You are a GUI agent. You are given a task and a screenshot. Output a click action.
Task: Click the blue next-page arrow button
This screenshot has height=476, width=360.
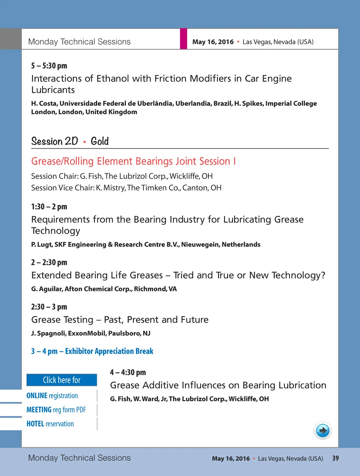point(322,430)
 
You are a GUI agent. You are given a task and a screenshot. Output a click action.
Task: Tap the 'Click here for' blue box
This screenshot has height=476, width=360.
point(62,380)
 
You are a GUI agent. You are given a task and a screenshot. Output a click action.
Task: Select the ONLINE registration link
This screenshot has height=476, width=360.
point(52,396)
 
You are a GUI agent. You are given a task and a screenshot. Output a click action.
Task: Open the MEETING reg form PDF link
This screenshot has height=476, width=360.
point(56,410)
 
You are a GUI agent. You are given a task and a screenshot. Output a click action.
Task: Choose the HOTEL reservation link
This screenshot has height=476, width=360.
point(50,424)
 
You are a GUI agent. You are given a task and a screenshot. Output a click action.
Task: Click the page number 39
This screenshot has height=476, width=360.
point(335,458)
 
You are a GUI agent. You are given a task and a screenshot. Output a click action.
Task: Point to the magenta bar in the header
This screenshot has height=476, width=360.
point(184,39)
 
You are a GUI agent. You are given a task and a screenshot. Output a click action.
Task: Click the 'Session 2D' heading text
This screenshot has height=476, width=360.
point(54,141)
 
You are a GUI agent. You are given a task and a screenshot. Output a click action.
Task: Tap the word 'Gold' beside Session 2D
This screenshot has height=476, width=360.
point(100,141)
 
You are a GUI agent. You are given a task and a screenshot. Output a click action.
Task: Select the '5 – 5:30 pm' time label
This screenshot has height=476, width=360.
point(49,66)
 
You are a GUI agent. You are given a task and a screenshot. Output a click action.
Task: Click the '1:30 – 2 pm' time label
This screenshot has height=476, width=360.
point(49,207)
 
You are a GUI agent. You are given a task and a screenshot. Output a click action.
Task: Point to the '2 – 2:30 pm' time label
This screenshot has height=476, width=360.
point(49,262)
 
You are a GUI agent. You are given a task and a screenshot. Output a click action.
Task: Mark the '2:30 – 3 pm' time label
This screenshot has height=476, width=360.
point(49,307)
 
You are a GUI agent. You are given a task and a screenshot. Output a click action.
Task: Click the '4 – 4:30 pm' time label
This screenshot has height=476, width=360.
point(128,372)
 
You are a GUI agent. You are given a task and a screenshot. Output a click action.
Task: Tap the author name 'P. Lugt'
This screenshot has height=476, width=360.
point(41,244)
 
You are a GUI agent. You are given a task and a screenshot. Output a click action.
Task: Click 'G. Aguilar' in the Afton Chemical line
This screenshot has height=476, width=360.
point(46,289)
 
